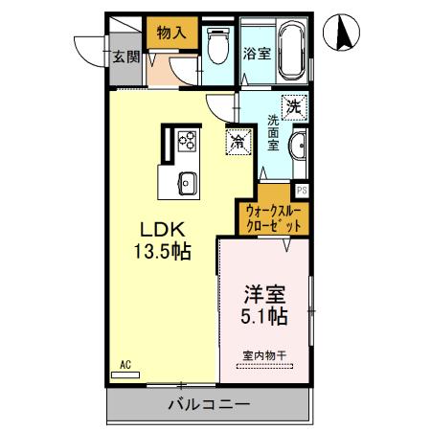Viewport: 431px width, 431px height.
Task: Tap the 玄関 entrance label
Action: (x=125, y=56)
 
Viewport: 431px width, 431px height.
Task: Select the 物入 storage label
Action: (x=171, y=32)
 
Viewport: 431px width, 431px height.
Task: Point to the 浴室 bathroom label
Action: (x=256, y=55)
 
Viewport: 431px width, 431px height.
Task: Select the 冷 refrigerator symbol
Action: (x=237, y=141)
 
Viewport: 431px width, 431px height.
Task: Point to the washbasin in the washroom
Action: (x=298, y=148)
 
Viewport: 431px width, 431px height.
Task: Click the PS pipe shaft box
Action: (x=301, y=190)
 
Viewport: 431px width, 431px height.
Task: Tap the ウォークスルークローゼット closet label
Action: (x=275, y=216)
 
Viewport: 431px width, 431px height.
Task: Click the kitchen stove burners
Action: (x=188, y=142)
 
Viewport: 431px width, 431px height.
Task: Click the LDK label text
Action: (x=159, y=230)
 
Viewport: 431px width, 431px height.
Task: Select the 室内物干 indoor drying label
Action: (x=264, y=356)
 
